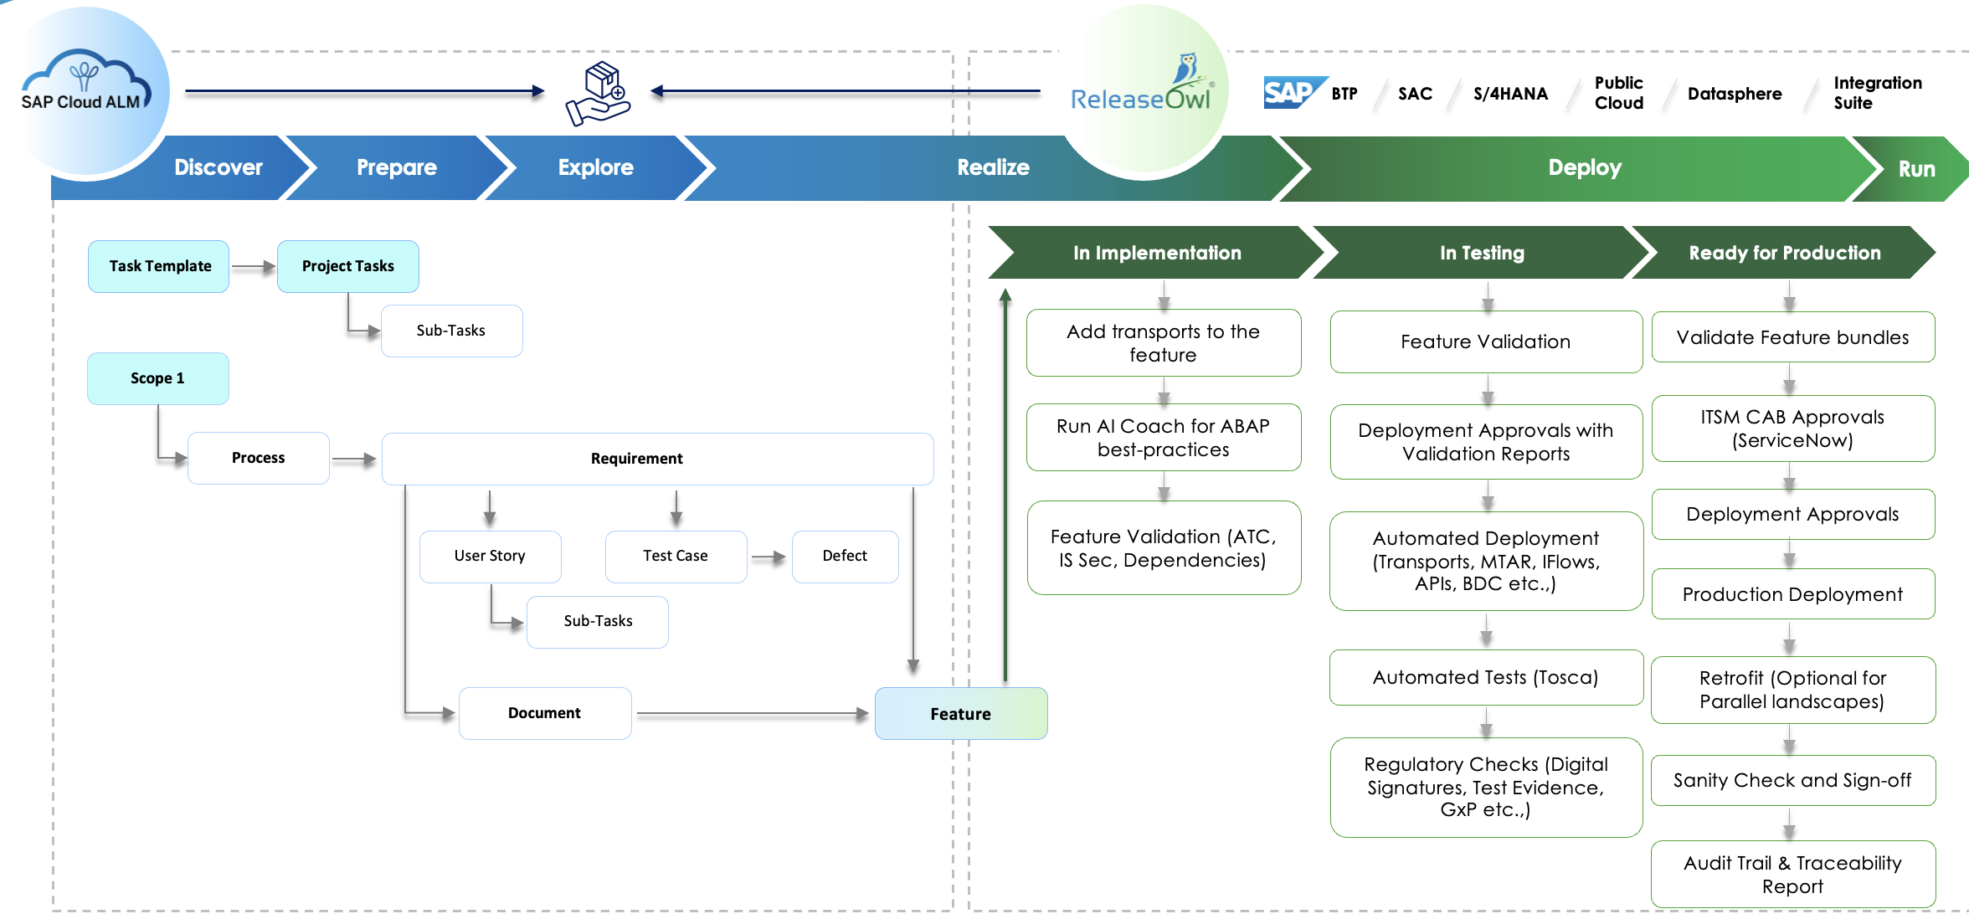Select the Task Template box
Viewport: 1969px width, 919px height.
pyautogui.click(x=159, y=266)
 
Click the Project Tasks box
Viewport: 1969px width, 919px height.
pyautogui.click(x=347, y=266)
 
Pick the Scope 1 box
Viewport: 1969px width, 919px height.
pyautogui.click(x=157, y=378)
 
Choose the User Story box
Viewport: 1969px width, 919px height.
pyautogui.click(x=490, y=556)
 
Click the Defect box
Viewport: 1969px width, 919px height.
pyautogui.click(x=845, y=556)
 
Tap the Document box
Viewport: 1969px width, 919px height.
pyautogui.click(x=544, y=713)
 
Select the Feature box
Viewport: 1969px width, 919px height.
pyautogui.click(x=960, y=713)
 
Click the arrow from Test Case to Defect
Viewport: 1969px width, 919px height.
pyautogui.click(x=769, y=557)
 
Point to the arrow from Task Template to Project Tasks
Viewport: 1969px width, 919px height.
pyautogui.click(x=253, y=267)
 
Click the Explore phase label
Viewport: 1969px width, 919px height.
pyautogui.click(x=595, y=167)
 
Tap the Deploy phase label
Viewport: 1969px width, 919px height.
pyautogui.click(x=1584, y=167)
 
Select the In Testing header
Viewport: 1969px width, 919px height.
pyautogui.click(x=1482, y=253)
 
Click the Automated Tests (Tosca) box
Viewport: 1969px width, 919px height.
pyautogui.click(x=1485, y=677)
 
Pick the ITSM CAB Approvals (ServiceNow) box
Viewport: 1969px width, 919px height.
pyautogui.click(x=1792, y=429)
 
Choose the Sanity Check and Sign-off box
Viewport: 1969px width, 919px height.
pyautogui.click(x=1792, y=780)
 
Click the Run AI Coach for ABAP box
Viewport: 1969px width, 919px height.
pyautogui.click(x=1163, y=438)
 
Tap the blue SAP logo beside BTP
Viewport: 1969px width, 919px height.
pyautogui.click(x=1293, y=93)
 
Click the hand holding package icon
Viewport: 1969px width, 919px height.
pyautogui.click(x=599, y=94)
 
